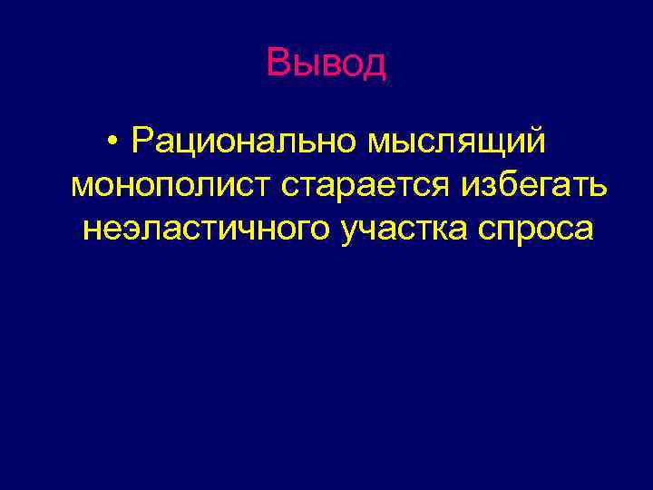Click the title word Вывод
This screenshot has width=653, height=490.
[x=326, y=63]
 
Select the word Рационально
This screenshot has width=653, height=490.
[x=245, y=141]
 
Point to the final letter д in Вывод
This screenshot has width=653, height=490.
[x=375, y=64]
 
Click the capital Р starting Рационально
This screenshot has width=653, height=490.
[x=141, y=141]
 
